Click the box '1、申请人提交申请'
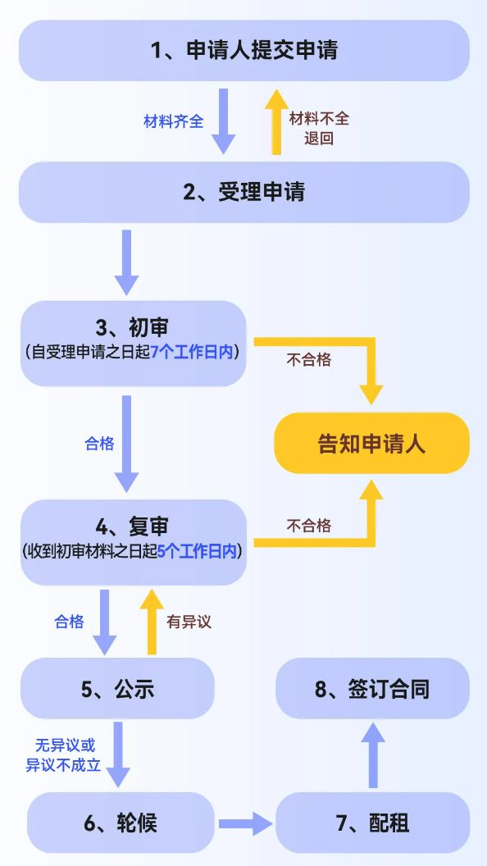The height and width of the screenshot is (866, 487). tap(243, 51)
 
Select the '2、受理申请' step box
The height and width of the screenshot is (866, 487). tap(243, 192)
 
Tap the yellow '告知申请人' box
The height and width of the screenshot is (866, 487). tap(371, 444)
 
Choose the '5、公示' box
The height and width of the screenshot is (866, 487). tap(117, 689)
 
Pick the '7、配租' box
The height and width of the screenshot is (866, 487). tap(372, 823)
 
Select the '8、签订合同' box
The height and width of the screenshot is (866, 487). tap(372, 689)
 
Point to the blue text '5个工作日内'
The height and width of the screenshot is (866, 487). tap(198, 552)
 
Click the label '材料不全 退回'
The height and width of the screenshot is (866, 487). tap(319, 128)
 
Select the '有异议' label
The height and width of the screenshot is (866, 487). tap(189, 622)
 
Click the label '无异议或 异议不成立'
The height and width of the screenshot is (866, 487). tap(65, 754)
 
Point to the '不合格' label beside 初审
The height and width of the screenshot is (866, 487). tap(309, 358)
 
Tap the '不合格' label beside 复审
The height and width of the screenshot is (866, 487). tap(309, 525)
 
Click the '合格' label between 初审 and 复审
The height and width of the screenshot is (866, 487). tap(99, 443)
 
